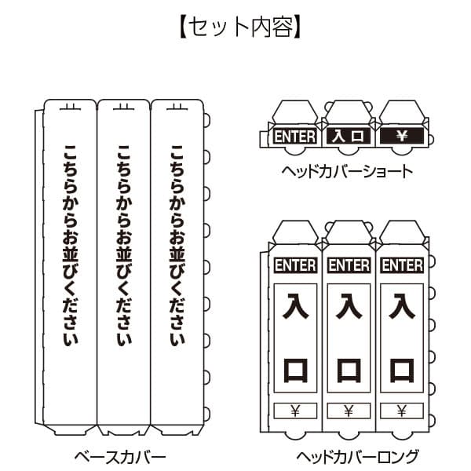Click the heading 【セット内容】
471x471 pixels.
(235, 27)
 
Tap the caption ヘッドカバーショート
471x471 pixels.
(347, 171)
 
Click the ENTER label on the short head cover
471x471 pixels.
(294, 137)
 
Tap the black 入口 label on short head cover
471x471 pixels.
(348, 137)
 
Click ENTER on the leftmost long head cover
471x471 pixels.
(294, 265)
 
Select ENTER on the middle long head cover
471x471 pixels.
(349, 265)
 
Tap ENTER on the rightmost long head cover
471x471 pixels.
(402, 265)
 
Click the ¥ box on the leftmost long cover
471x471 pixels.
(294, 410)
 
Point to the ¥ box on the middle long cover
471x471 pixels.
(349, 410)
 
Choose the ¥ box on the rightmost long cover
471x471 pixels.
(402, 410)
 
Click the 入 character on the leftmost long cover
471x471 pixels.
(294, 306)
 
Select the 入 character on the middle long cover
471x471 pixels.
(349, 306)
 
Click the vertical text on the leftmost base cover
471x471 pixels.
(70, 245)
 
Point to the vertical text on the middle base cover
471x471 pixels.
(122, 245)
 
